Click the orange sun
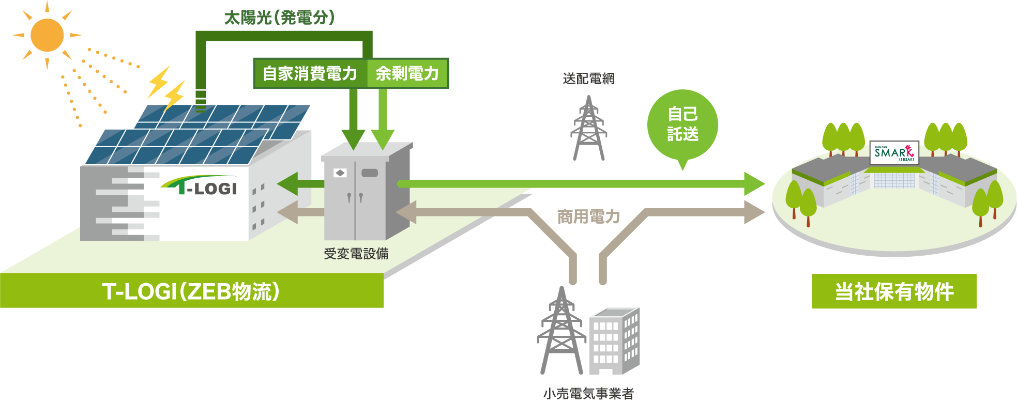coord(47,35)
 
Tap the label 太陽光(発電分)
coord(279,18)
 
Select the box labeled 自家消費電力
coord(310,73)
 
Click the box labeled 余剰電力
coord(407,73)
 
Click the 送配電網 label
coord(588,79)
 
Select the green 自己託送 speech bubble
coord(682,125)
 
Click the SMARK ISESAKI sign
coord(894,152)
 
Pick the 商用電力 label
coord(588,216)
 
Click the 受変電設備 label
coord(356,254)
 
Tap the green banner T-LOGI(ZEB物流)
coord(191,291)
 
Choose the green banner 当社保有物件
coord(894,291)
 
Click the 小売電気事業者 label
coord(588,394)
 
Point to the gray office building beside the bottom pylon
coord(614,341)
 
